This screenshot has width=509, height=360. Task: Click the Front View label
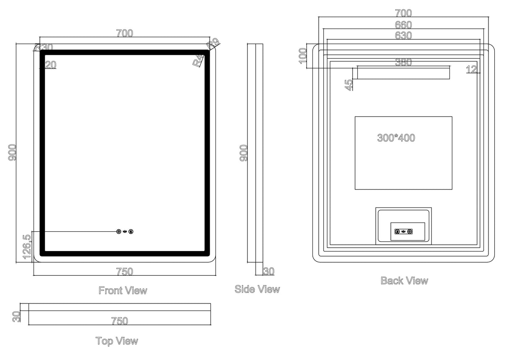(x=123, y=290)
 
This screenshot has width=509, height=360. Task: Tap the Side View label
(x=257, y=289)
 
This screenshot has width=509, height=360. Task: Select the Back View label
(x=404, y=281)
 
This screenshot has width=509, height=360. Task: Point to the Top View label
(x=117, y=341)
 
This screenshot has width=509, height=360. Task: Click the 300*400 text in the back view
(x=396, y=138)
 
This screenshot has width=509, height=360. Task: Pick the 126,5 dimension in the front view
(x=26, y=247)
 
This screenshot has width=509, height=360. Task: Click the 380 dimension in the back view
(x=403, y=63)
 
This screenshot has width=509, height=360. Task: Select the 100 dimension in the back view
(x=303, y=56)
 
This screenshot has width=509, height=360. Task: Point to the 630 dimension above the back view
(x=403, y=36)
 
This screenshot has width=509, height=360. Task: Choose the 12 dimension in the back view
(x=472, y=69)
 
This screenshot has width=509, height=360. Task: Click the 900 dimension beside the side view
(x=244, y=153)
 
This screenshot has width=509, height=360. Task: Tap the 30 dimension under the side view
(x=269, y=271)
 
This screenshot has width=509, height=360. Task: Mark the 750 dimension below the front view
(x=125, y=272)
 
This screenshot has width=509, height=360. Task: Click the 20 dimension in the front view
(x=51, y=65)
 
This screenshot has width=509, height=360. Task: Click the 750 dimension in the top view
(x=119, y=321)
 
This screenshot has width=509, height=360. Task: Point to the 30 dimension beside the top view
(x=17, y=316)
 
